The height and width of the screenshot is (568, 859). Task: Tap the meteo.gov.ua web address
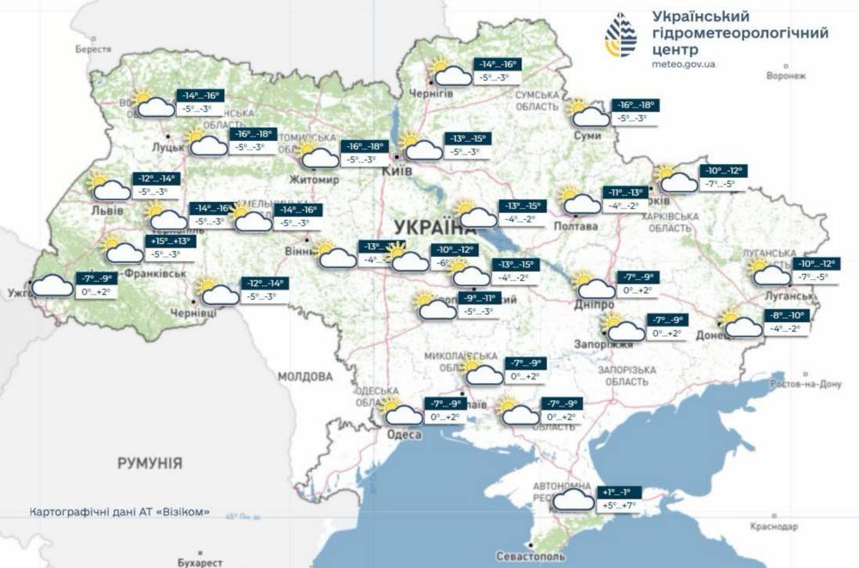pyautogui.click(x=685, y=64)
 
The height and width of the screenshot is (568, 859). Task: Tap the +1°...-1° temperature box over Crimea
pyautogui.click(x=618, y=492)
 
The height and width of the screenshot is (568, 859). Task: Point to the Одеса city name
pyautogui.click(x=404, y=435)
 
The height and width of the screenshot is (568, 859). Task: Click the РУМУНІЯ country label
pyautogui.click(x=149, y=463)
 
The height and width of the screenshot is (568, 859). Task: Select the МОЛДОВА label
pyautogui.click(x=305, y=376)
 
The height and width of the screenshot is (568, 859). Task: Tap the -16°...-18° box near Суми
pyautogui.click(x=636, y=105)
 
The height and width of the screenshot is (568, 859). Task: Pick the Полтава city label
pyautogui.click(x=577, y=227)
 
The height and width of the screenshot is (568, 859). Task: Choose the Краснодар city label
pyautogui.click(x=774, y=525)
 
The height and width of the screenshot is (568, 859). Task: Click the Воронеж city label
pyautogui.click(x=786, y=76)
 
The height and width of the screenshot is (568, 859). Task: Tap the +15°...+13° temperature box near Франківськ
pyautogui.click(x=174, y=241)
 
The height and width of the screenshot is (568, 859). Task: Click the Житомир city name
pyautogui.click(x=317, y=180)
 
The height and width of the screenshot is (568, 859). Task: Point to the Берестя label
pyautogui.click(x=93, y=49)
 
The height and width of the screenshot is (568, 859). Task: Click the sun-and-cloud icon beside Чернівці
pyautogui.click(x=218, y=293)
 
